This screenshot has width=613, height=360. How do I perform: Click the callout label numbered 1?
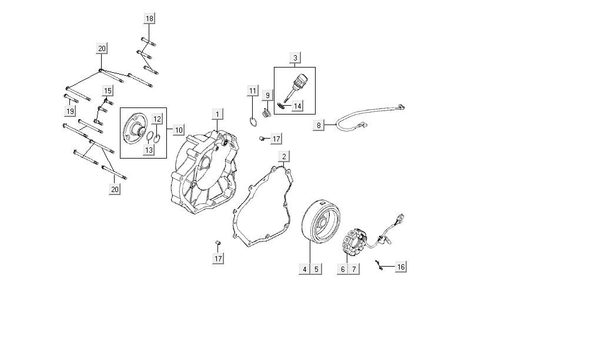tap(218, 115)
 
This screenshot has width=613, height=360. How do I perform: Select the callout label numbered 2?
tap(284, 157)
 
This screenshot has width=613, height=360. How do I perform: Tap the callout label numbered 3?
tap(295, 58)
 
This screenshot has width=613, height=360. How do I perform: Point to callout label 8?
tap(319, 125)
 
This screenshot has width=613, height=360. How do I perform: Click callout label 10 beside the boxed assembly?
tap(179, 130)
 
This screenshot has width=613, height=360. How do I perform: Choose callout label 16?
tap(401, 267)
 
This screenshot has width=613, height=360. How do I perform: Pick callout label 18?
tap(149, 18)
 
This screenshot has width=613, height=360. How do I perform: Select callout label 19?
tap(70, 111)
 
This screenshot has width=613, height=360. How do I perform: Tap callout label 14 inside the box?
tap(297, 106)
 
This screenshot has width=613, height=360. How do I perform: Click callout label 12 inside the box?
tap(157, 119)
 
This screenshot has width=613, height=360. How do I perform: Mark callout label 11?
tap(253, 91)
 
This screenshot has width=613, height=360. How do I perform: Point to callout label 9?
tap(268, 96)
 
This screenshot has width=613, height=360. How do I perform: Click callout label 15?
tap(108, 91)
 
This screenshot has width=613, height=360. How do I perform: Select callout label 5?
tap(316, 269)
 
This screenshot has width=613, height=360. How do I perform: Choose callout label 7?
tap(354, 269)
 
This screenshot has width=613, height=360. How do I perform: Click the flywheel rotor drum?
tap(321, 220)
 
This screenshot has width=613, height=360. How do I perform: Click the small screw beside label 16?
tap(378, 265)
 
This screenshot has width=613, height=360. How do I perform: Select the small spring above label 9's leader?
tap(267, 113)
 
